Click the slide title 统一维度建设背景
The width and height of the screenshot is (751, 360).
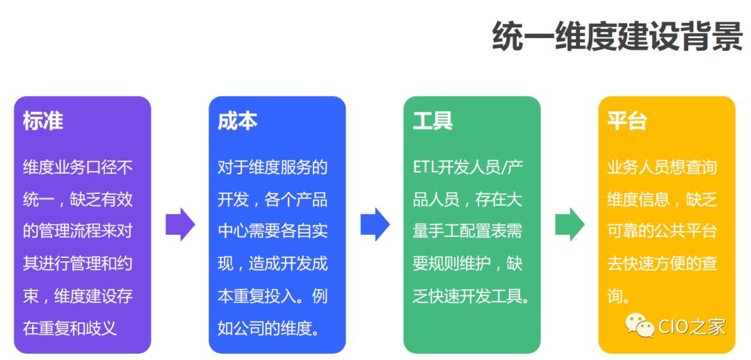click(x=617, y=36)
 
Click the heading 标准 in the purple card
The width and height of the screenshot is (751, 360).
click(x=43, y=121)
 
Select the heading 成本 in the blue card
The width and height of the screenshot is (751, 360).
click(x=238, y=121)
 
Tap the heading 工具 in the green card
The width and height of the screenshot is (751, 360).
click(x=433, y=121)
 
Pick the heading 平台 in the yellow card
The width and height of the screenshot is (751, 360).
click(x=627, y=121)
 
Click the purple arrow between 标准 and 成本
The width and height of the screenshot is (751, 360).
click(x=180, y=224)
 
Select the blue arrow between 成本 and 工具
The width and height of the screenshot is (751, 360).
click(x=375, y=224)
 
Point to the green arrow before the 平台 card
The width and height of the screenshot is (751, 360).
click(x=570, y=224)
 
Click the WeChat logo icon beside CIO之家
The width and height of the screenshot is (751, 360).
click(x=639, y=323)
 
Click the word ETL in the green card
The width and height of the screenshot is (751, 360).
click(x=426, y=167)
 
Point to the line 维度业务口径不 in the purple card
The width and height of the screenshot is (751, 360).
click(x=77, y=167)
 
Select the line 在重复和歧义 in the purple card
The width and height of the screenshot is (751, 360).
click(x=70, y=327)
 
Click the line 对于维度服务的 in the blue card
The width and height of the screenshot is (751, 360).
click(x=272, y=167)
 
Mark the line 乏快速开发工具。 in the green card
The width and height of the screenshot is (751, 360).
click(x=471, y=295)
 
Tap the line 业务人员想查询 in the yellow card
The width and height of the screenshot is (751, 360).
click(x=661, y=167)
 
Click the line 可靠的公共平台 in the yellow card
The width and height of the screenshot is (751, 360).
click(x=661, y=231)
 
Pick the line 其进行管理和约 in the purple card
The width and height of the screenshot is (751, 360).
click(x=77, y=263)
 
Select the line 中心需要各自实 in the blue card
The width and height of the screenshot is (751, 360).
click(x=272, y=231)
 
